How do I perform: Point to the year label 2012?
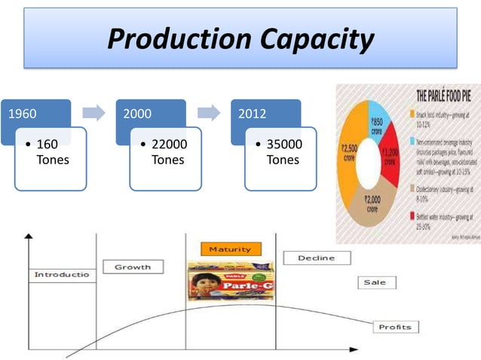[x=252, y=114]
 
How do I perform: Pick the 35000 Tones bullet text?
[x=283, y=152]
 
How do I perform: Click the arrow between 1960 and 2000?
[x=93, y=113]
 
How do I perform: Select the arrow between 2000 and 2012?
[x=209, y=113]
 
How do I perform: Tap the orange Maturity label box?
[x=231, y=249]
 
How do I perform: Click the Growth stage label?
[x=132, y=267]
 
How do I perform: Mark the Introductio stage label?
[x=61, y=275]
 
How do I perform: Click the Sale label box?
[x=375, y=282]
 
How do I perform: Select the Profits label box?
[x=394, y=327]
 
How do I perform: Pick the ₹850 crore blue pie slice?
[x=376, y=124]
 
